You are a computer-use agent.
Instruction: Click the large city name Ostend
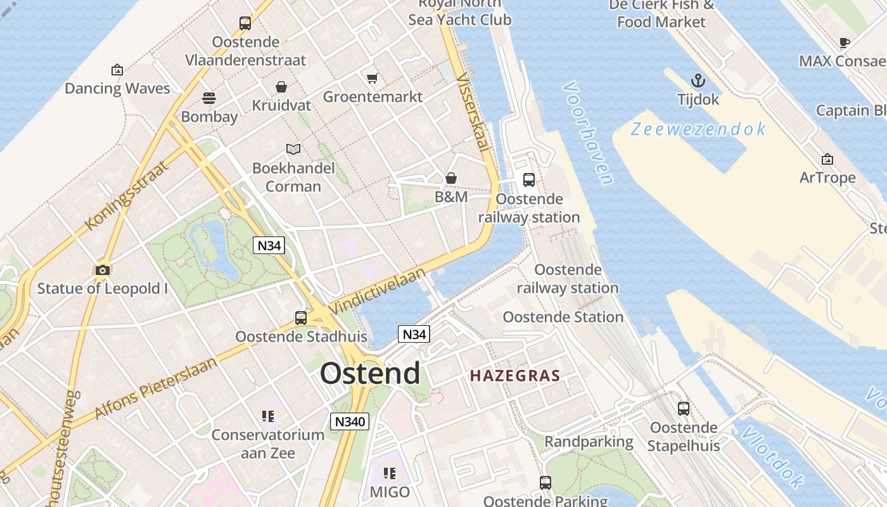370,373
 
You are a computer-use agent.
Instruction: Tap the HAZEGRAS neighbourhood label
515,375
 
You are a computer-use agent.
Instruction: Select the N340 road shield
350,421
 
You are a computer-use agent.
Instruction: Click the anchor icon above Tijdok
698,80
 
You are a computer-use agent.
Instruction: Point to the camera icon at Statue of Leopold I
102,271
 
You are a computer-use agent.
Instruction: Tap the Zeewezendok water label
698,129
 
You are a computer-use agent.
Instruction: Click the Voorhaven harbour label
588,133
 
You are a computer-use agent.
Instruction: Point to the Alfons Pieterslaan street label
155,388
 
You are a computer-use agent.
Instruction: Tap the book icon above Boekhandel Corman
293,150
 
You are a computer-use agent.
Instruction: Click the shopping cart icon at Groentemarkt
373,79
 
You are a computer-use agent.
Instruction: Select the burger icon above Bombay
209,98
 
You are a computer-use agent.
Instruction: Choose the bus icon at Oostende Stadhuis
301,318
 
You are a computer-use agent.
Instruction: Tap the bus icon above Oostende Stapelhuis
683,409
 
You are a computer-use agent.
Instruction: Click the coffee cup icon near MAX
844,42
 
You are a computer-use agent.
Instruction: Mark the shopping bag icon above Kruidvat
281,87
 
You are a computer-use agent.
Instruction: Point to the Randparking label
589,442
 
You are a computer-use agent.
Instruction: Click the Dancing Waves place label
117,88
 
